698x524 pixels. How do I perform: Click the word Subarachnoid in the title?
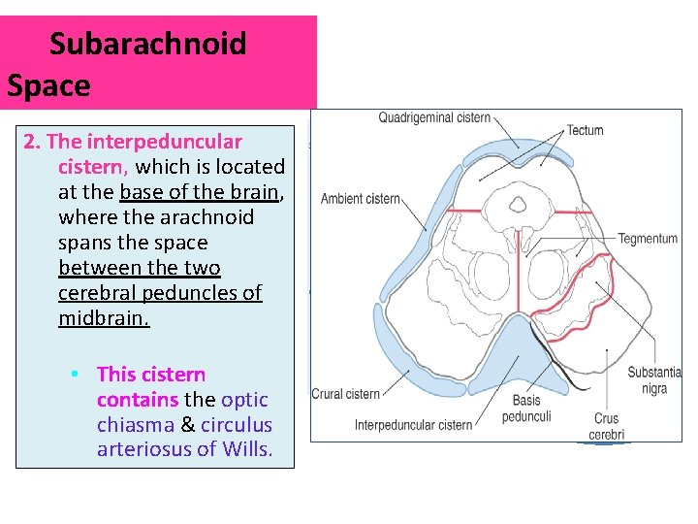[148, 44]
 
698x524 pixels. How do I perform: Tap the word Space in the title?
[48, 85]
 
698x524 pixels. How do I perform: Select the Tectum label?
[585, 130]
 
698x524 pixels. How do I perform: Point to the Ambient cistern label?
[361, 199]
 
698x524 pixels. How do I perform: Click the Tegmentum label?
[648, 239]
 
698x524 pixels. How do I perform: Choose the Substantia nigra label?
[653, 380]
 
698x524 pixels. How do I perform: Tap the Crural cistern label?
[345, 394]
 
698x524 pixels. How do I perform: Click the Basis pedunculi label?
[526, 409]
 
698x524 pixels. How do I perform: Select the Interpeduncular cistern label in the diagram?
[413, 425]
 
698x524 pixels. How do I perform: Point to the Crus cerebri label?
[607, 427]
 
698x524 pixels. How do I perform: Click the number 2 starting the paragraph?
[29, 143]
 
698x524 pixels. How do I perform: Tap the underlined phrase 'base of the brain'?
[200, 192]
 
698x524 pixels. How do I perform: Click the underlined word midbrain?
[104, 318]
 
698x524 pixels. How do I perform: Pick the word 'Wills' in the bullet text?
[247, 449]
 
